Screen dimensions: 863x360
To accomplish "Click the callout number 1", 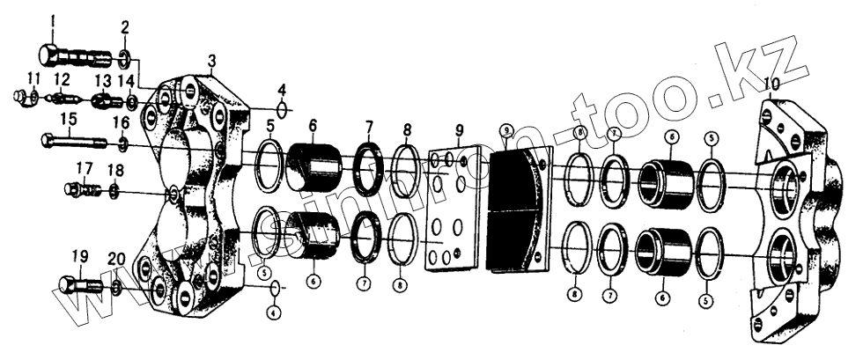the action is pos(52,20).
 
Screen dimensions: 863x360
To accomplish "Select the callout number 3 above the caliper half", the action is pos(212,61).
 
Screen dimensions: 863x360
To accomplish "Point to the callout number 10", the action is pos(772,85).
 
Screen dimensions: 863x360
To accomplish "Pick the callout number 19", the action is pos(79,256).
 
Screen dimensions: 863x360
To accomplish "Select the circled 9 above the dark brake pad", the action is pos(506,130).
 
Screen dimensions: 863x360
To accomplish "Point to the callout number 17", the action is pos(84,167).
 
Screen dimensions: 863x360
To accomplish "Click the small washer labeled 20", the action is pos(116,287).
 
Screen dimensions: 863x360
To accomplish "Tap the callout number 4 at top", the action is pos(282,90).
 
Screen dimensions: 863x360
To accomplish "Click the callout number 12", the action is pos(63,79).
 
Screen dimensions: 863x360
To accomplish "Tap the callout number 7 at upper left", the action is pos(369,128).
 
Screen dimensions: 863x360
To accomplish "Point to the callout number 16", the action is pos(122,122).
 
